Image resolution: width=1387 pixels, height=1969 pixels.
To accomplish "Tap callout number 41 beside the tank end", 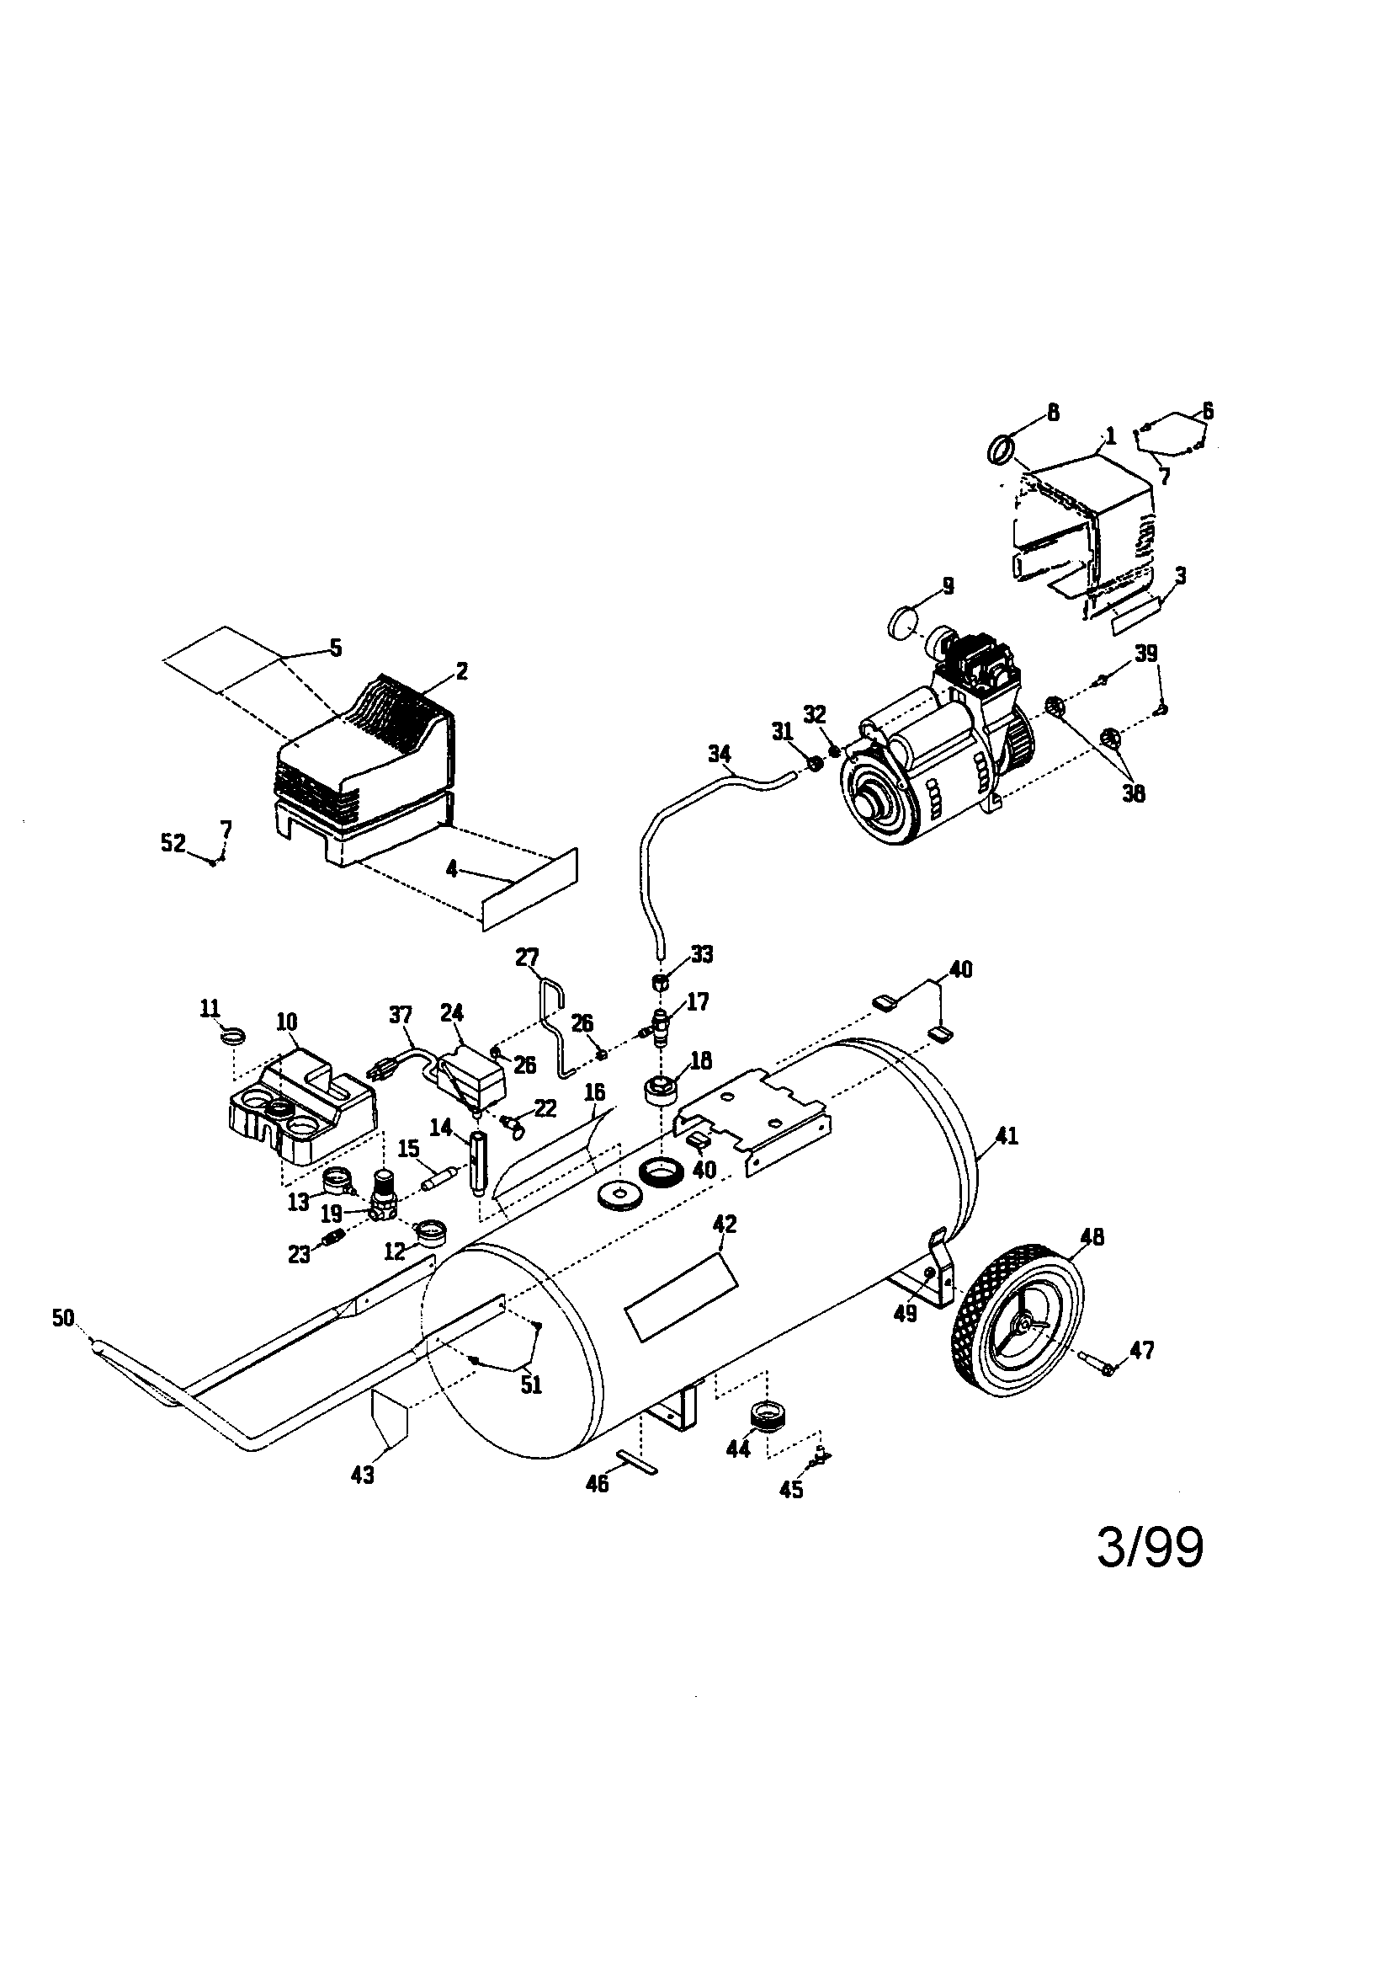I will pyautogui.click(x=1007, y=1136).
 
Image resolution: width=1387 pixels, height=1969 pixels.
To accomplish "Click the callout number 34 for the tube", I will pyautogui.click(x=720, y=754).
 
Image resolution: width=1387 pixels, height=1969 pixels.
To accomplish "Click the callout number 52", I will pyautogui.click(x=173, y=843).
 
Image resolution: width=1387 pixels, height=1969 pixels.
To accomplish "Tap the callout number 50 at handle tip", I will pyautogui.click(x=62, y=1318).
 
